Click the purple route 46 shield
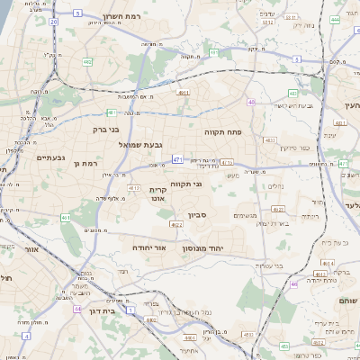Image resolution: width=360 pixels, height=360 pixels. (x=293, y=284)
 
